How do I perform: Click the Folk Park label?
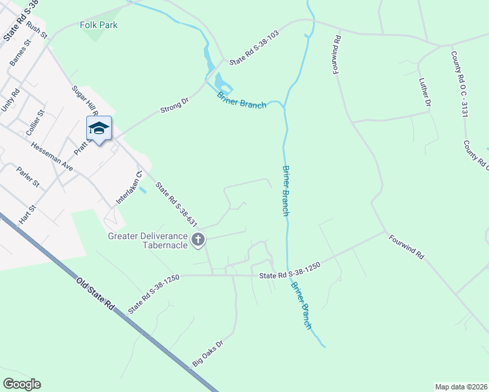coord(99,25)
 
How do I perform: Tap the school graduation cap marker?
coord(99,128)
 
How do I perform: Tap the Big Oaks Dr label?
coord(208,353)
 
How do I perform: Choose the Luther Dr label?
coord(425,92)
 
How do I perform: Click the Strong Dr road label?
coord(174,105)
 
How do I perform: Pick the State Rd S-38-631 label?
coord(176,205)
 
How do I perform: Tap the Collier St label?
coord(35,122)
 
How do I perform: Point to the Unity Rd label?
coord(11,100)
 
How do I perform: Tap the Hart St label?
coord(27,215)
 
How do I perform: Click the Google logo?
coord(22,384)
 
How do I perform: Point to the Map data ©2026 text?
coord(460,387)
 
